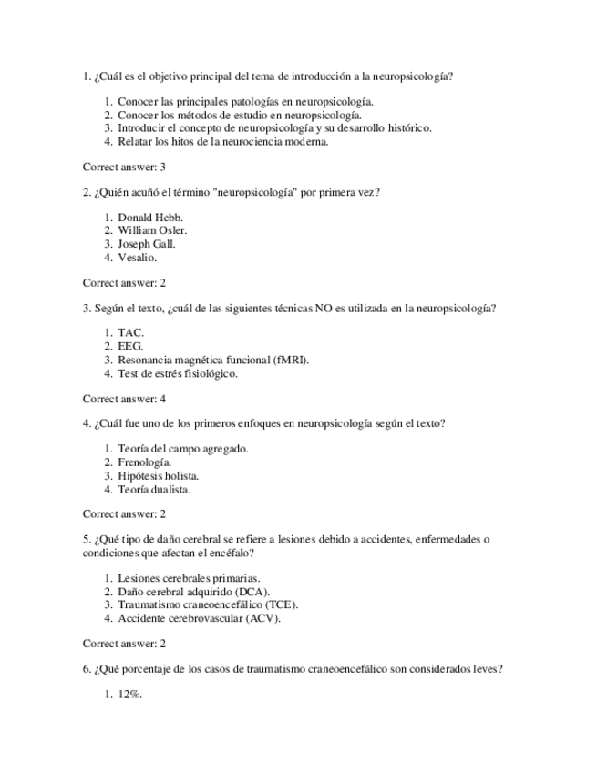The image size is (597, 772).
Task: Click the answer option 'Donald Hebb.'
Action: tap(150, 218)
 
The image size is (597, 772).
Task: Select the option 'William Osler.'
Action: tap(152, 230)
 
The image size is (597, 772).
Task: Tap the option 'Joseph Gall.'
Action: tap(147, 244)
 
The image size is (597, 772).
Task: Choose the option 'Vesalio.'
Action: tap(138, 258)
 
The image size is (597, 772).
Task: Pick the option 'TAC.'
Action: tap(131, 333)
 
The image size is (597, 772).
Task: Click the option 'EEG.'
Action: tap(130, 347)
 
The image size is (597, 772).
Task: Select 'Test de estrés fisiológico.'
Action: tap(178, 373)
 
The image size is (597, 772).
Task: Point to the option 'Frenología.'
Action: tap(145, 462)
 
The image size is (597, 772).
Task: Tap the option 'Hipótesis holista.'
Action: tap(159, 475)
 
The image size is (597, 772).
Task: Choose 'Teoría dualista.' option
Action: tap(154, 489)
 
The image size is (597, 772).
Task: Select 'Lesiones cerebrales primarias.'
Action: tap(190, 578)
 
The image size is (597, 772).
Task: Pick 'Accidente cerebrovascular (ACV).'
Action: tap(200, 618)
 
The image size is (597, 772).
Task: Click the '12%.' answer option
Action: tap(130, 695)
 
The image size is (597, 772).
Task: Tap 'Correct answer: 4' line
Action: tap(124, 399)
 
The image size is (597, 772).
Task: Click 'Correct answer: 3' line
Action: tap(124, 167)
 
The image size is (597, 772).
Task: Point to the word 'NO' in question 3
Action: tap(324, 309)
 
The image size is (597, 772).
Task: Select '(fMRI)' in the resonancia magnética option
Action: tap(291, 360)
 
